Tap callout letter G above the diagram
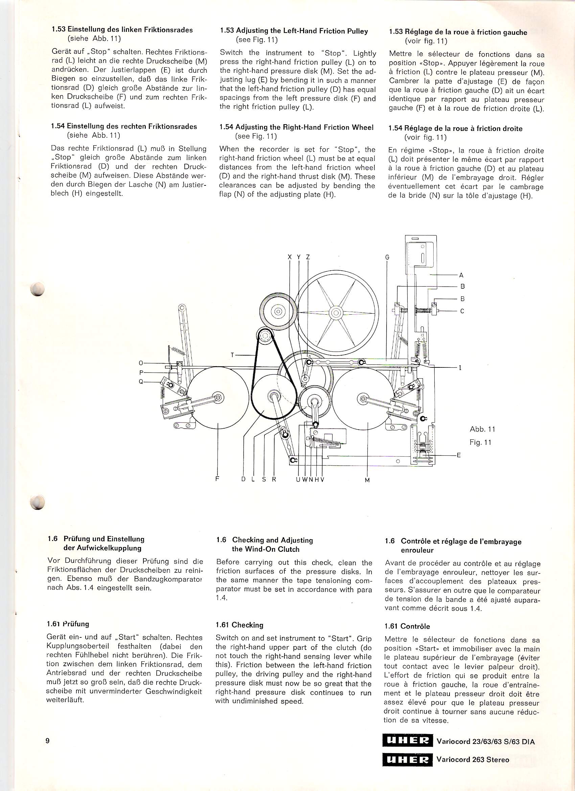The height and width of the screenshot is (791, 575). (x=387, y=257)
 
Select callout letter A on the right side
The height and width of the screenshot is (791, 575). (x=462, y=275)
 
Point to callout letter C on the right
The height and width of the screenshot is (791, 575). (x=462, y=311)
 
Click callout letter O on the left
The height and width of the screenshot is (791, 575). (x=141, y=363)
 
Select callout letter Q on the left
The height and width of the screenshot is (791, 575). (x=141, y=382)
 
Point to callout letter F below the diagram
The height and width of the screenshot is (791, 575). (x=217, y=479)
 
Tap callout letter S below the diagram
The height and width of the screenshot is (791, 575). (x=264, y=479)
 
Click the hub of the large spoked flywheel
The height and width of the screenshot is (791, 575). (x=336, y=312)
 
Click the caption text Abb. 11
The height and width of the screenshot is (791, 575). (x=482, y=429)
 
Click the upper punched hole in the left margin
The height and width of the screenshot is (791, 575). (x=37, y=289)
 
